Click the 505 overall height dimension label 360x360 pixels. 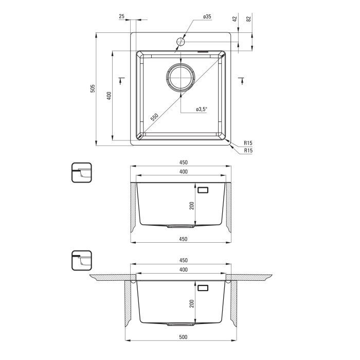93,88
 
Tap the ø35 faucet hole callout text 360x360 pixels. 207,16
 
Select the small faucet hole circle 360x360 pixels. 181,42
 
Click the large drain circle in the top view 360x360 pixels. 181,77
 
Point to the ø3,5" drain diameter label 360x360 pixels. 202,109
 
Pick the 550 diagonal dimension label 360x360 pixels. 154,117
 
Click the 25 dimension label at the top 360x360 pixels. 122,16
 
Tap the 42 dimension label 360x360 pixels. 235,19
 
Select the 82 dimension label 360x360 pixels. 248,19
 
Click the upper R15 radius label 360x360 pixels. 248,143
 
